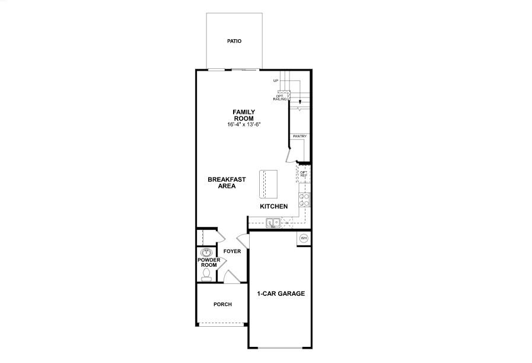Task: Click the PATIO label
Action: pos(235,42)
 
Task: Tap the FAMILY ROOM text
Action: pos(244,115)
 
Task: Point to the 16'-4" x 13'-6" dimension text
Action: pos(244,125)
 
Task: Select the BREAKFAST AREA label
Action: pos(222,182)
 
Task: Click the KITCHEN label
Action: pos(274,206)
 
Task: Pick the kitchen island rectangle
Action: pos(269,185)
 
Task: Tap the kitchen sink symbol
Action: pos(273,223)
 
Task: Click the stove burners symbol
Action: pos(304,199)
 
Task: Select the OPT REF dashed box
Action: pos(303,174)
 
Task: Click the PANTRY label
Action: pos(300,136)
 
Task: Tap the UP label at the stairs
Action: pos(276,81)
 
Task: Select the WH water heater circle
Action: pos(304,238)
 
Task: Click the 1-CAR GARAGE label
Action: pos(281,293)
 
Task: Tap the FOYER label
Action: pos(232,251)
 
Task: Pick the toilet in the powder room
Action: pos(206,274)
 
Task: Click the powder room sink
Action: pos(206,252)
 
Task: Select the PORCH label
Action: pos(222,304)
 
